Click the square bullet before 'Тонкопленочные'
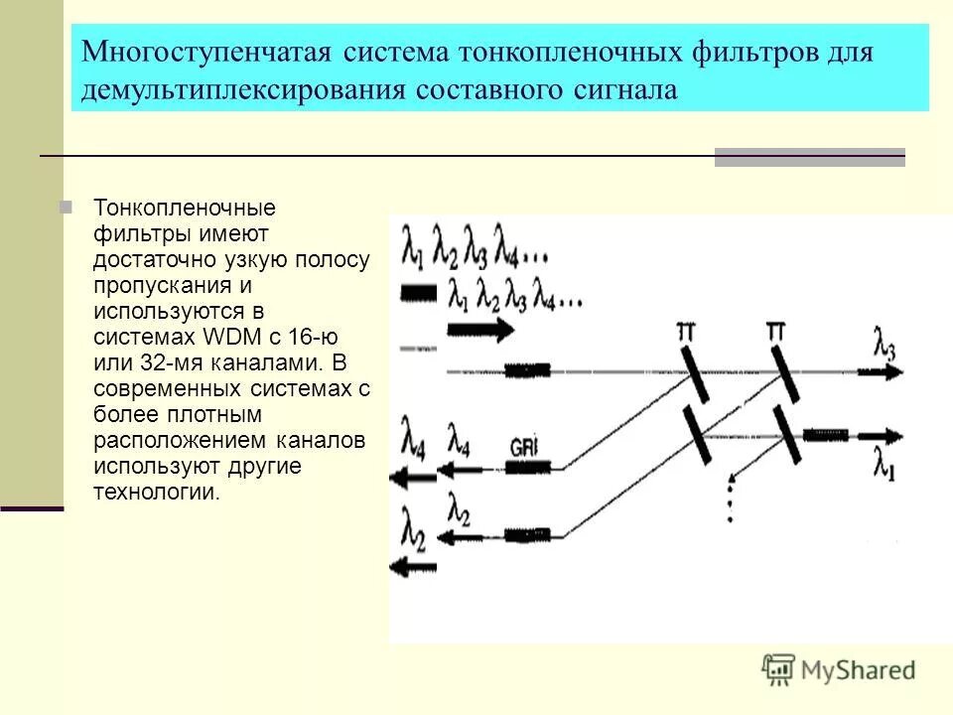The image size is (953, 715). [67, 208]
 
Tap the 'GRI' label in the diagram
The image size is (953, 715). [524, 445]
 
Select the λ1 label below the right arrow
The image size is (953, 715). [884, 464]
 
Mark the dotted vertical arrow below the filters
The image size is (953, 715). [730, 497]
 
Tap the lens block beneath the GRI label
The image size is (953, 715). [527, 465]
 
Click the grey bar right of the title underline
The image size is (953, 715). [809, 156]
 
